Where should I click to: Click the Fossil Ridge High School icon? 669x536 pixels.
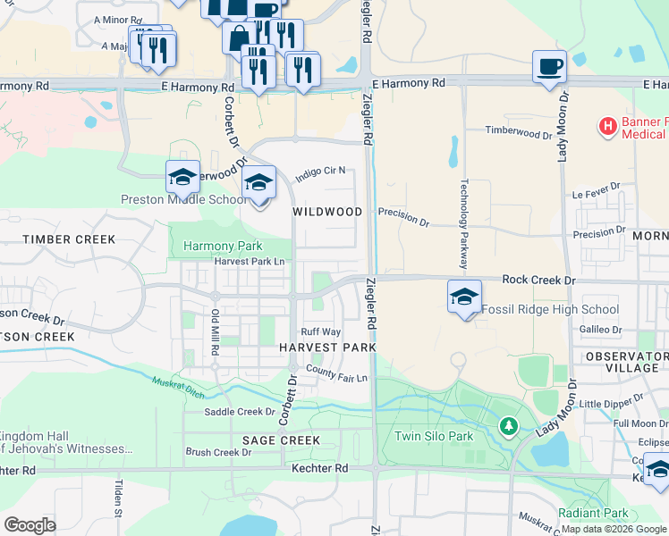(x=464, y=297)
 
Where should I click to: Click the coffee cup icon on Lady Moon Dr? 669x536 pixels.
(x=549, y=66)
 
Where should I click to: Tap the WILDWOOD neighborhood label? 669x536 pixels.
(x=327, y=212)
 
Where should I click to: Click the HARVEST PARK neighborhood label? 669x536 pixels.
(x=326, y=347)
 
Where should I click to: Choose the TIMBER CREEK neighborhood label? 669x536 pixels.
(x=70, y=239)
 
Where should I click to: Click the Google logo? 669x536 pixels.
(x=30, y=525)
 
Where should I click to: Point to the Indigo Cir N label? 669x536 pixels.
(x=320, y=172)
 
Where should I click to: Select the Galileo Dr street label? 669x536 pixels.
(x=600, y=329)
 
